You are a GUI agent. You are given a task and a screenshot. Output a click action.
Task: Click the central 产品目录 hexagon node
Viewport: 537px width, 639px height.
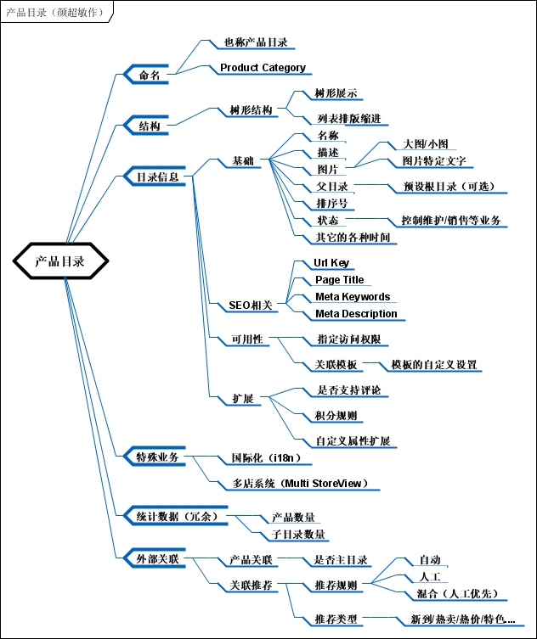coord(60,261)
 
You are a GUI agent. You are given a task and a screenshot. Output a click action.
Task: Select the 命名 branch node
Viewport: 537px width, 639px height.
coord(149,76)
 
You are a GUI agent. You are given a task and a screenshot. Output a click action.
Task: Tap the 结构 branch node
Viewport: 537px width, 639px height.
coord(149,126)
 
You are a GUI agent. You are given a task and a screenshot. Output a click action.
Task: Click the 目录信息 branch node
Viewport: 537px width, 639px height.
coord(158,177)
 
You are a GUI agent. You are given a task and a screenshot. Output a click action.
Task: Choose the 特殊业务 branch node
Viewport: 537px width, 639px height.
coord(157,457)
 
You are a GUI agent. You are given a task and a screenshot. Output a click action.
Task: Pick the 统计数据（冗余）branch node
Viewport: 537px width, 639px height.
coord(177,515)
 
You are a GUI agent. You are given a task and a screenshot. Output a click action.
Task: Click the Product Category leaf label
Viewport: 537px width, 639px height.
coord(263,68)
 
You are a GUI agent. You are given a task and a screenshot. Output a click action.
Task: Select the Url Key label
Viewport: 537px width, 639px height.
coord(331,263)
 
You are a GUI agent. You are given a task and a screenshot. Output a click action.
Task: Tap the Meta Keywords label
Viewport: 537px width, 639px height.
coord(353,297)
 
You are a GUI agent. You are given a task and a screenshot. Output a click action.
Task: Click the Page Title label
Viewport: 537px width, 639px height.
coord(339,280)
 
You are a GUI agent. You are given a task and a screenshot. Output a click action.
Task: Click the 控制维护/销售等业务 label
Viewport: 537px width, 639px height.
coord(450,221)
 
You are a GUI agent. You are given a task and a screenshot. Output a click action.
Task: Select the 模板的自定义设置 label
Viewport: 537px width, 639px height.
coord(433,365)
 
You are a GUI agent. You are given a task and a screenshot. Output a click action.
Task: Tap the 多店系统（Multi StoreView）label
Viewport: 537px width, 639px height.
coord(300,484)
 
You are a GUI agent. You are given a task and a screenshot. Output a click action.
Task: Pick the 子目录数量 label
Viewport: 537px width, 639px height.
coord(298,535)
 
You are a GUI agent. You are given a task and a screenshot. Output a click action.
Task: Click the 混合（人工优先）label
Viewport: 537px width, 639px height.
coord(457,593)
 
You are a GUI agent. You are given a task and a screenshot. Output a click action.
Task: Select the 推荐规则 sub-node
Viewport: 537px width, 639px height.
coord(336,586)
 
